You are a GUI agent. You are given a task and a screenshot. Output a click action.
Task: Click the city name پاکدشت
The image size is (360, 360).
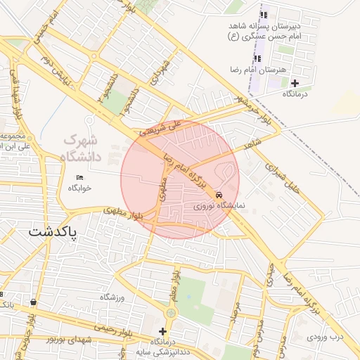click(53, 231)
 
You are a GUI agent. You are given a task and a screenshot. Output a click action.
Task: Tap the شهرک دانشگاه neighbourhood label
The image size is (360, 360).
click(83, 148)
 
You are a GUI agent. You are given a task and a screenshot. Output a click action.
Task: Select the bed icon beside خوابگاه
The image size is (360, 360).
click(79, 177)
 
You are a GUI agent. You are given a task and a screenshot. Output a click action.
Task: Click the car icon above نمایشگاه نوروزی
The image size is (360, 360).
click(220, 194)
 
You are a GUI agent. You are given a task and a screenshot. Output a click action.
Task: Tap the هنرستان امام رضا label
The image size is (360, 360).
click(250, 70)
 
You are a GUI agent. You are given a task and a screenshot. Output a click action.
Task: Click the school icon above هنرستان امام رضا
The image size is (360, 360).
click(255, 58)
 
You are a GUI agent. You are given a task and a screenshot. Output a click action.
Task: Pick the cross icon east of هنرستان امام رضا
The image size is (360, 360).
click(294, 83)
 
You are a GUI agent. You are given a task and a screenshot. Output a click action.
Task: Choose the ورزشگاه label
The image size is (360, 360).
click(112, 297)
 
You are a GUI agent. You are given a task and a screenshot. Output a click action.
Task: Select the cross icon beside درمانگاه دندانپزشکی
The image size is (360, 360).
click(163, 331)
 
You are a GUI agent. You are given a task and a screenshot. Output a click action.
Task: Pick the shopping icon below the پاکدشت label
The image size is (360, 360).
click(33, 302)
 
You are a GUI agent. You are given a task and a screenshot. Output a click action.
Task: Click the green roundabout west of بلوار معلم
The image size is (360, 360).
click(171, 312)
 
